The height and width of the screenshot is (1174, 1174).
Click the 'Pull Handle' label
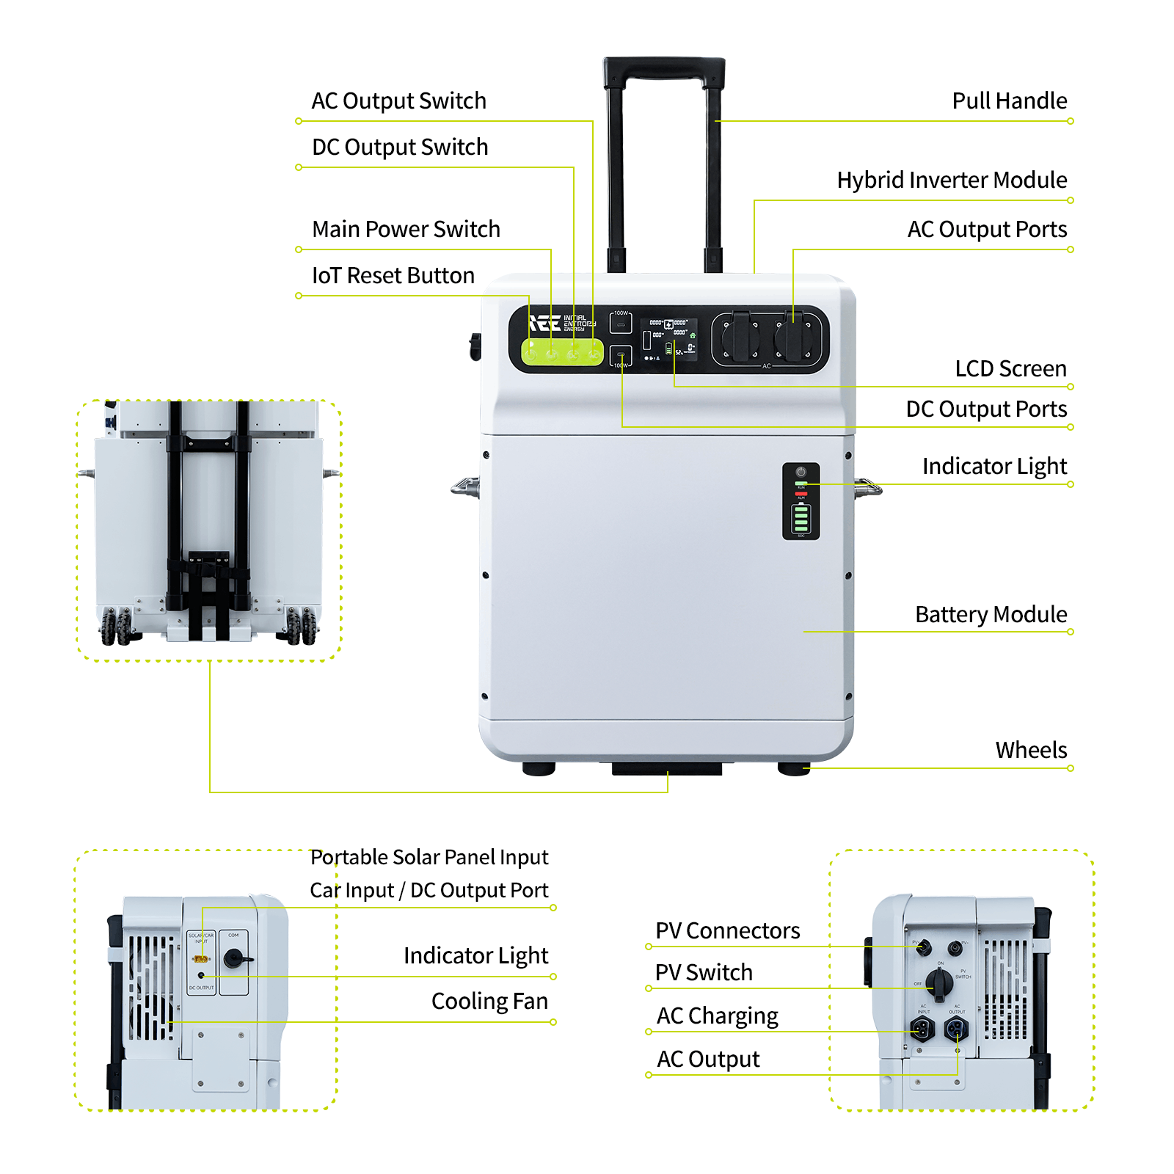(1009, 101)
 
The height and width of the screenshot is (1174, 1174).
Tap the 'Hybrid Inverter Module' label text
(952, 180)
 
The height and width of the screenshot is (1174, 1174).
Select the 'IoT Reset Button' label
(393, 275)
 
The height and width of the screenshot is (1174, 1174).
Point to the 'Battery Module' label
(991, 614)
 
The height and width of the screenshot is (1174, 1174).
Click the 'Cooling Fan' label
(489, 1001)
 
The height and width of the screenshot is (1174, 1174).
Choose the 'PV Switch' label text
(704, 972)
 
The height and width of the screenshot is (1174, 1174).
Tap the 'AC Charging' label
(717, 1016)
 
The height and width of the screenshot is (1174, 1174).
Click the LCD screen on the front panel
(668, 340)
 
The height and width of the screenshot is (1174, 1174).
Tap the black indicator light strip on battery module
(801, 501)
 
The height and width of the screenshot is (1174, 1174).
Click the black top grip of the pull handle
(663, 68)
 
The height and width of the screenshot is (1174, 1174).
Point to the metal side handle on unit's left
(465, 486)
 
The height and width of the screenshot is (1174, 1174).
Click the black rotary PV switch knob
(939, 981)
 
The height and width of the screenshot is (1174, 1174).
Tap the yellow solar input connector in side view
(201, 958)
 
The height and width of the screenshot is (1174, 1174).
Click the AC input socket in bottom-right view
(922, 1029)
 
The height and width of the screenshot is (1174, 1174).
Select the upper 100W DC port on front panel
(621, 323)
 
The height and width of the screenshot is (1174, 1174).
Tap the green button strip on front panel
(562, 353)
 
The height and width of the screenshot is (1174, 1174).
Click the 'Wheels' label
(1030, 750)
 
